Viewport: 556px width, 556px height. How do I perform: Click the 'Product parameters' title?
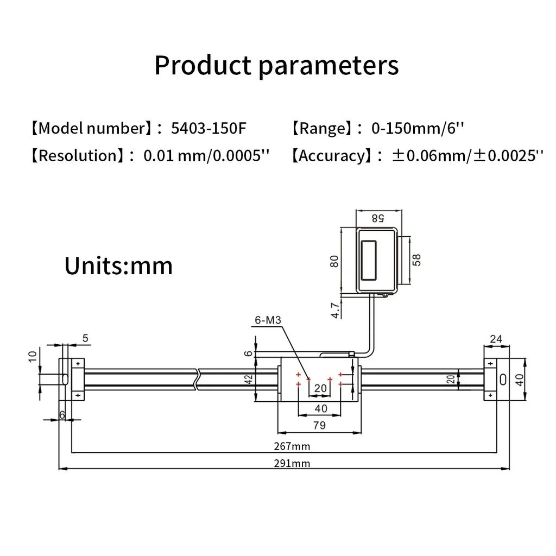click(276, 65)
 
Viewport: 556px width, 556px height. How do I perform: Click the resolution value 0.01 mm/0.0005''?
click(206, 156)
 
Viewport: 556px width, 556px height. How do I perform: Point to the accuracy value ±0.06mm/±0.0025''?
click(467, 156)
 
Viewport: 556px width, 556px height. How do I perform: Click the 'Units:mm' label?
click(118, 266)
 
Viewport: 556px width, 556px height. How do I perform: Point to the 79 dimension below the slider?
click(320, 425)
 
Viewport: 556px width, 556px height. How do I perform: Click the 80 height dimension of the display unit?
click(334, 261)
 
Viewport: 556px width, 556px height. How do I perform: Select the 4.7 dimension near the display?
click(336, 311)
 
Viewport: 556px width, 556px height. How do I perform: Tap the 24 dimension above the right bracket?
click(496, 340)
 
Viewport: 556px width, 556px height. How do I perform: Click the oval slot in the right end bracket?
click(503, 379)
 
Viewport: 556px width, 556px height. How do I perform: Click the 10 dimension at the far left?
click(32, 356)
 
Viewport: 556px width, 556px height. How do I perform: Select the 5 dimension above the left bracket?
click(85, 338)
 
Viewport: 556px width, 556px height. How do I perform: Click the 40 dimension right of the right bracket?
click(520, 379)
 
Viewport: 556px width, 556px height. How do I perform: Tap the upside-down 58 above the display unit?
click(377, 218)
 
